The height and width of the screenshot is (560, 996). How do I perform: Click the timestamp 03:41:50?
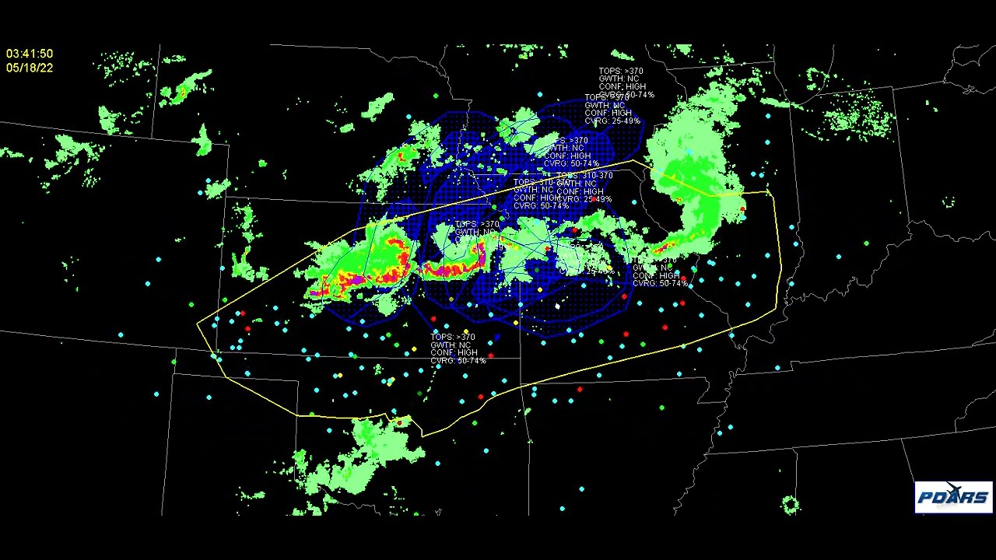point(30,54)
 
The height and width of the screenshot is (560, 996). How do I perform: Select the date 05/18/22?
point(30,68)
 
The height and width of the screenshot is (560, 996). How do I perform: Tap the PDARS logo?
point(953,497)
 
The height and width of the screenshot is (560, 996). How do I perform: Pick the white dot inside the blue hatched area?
point(557,306)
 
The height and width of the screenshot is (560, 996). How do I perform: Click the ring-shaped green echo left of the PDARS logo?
point(791,506)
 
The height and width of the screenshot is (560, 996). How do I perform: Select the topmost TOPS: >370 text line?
point(621,72)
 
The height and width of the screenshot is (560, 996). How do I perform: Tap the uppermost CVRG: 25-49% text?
point(612,121)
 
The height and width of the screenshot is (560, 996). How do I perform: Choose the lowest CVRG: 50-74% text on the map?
point(458,361)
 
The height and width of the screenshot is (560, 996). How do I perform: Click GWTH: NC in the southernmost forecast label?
point(451,345)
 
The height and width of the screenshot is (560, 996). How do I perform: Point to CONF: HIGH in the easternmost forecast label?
point(655,275)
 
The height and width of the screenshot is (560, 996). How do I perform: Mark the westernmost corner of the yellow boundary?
point(198,322)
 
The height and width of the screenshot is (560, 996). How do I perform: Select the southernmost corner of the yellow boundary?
point(423,435)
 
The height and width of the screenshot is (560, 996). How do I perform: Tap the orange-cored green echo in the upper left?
point(182,92)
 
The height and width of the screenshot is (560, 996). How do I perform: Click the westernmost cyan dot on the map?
point(121,335)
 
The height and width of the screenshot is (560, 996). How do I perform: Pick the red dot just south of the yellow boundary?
point(580,390)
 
